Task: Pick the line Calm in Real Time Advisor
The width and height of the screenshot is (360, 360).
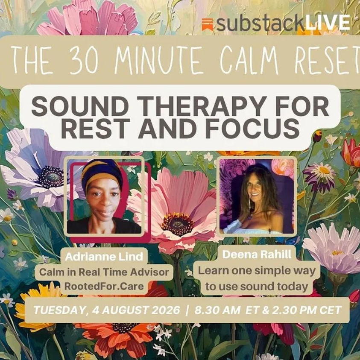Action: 105,272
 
